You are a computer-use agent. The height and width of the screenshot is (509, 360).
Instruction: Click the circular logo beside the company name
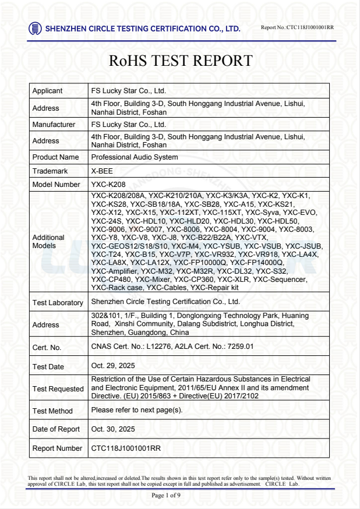35,28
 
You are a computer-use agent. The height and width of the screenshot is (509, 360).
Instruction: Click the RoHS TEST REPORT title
181,61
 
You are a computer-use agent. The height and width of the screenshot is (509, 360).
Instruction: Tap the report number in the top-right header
297,27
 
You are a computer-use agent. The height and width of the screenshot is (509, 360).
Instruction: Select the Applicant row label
48,91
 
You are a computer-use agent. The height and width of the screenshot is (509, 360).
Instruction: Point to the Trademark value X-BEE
102,171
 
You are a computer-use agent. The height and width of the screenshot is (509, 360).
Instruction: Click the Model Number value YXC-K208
109,185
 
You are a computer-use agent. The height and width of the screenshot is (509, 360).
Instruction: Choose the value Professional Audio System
135,157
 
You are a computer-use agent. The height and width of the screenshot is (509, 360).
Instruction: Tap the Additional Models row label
48,242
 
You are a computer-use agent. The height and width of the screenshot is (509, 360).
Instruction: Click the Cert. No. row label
48,348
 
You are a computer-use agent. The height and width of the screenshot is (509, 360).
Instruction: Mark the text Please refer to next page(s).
137,410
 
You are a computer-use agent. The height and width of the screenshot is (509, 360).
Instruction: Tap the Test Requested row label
58,389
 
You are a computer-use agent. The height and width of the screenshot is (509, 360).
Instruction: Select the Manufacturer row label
54,125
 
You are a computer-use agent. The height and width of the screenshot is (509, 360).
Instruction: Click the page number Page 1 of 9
166,495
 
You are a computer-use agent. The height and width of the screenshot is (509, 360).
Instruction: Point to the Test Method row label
52,411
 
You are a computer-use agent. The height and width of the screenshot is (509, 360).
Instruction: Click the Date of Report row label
56,430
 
